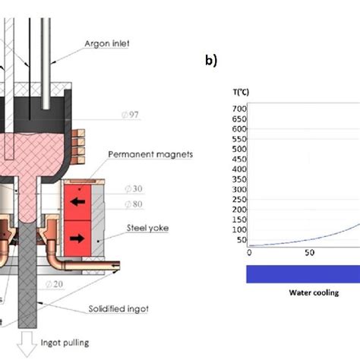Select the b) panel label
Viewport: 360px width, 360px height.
211,61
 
